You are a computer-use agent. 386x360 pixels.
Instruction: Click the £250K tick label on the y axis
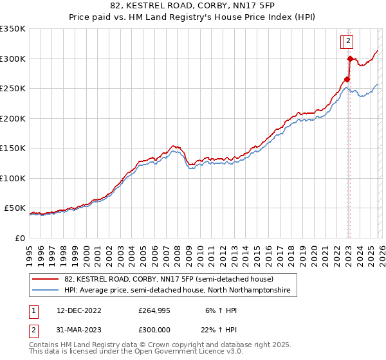pos(13,89)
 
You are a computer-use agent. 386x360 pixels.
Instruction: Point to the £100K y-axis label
pos(13,178)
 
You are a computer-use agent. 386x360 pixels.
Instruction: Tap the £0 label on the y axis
pos(19,238)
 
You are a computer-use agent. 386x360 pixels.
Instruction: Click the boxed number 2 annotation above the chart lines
pos(348,41)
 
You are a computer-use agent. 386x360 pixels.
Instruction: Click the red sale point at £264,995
pos(347,80)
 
